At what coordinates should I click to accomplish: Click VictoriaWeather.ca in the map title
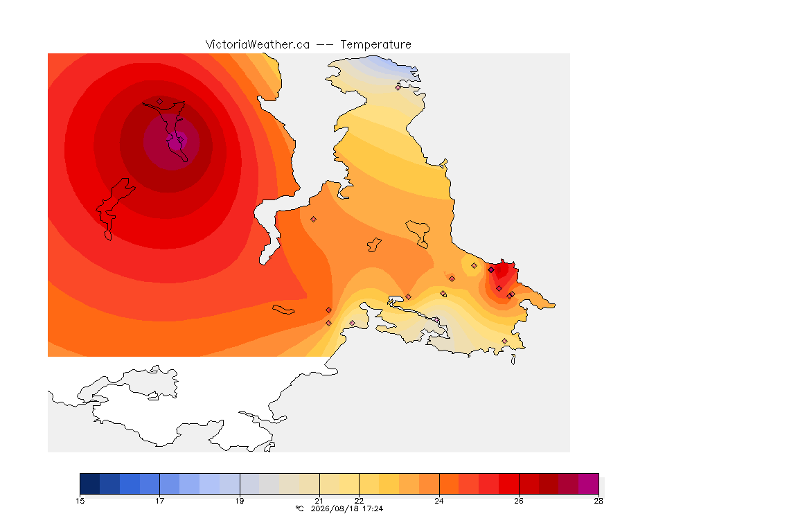pyautogui.click(x=258, y=44)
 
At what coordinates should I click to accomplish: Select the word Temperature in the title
pyautogui.click(x=375, y=44)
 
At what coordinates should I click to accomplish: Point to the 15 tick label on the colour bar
pyautogui.click(x=80, y=501)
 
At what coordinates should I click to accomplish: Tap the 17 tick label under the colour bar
pyautogui.click(x=160, y=501)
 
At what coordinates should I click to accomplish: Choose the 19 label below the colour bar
pyautogui.click(x=240, y=501)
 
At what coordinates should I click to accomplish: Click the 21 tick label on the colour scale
pyautogui.click(x=319, y=501)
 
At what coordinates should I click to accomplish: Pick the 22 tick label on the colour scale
pyautogui.click(x=360, y=501)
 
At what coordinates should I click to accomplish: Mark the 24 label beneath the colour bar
pyautogui.click(x=439, y=501)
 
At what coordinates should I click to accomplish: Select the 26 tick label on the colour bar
pyautogui.click(x=519, y=501)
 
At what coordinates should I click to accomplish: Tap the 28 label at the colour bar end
pyautogui.click(x=598, y=501)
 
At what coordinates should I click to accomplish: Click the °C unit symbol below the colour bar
pyautogui.click(x=300, y=508)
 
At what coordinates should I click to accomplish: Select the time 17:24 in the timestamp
pyautogui.click(x=373, y=508)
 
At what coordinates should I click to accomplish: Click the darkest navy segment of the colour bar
pyautogui.click(x=89, y=484)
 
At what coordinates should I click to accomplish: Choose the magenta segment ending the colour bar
pyautogui.click(x=589, y=484)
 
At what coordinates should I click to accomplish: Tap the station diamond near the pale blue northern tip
pyautogui.click(x=398, y=87)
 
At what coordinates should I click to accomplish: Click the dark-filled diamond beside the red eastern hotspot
pyautogui.click(x=491, y=270)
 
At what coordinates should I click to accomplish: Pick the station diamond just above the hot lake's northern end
pyautogui.click(x=160, y=102)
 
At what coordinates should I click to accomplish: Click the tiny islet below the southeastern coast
pyautogui.click(x=513, y=360)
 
